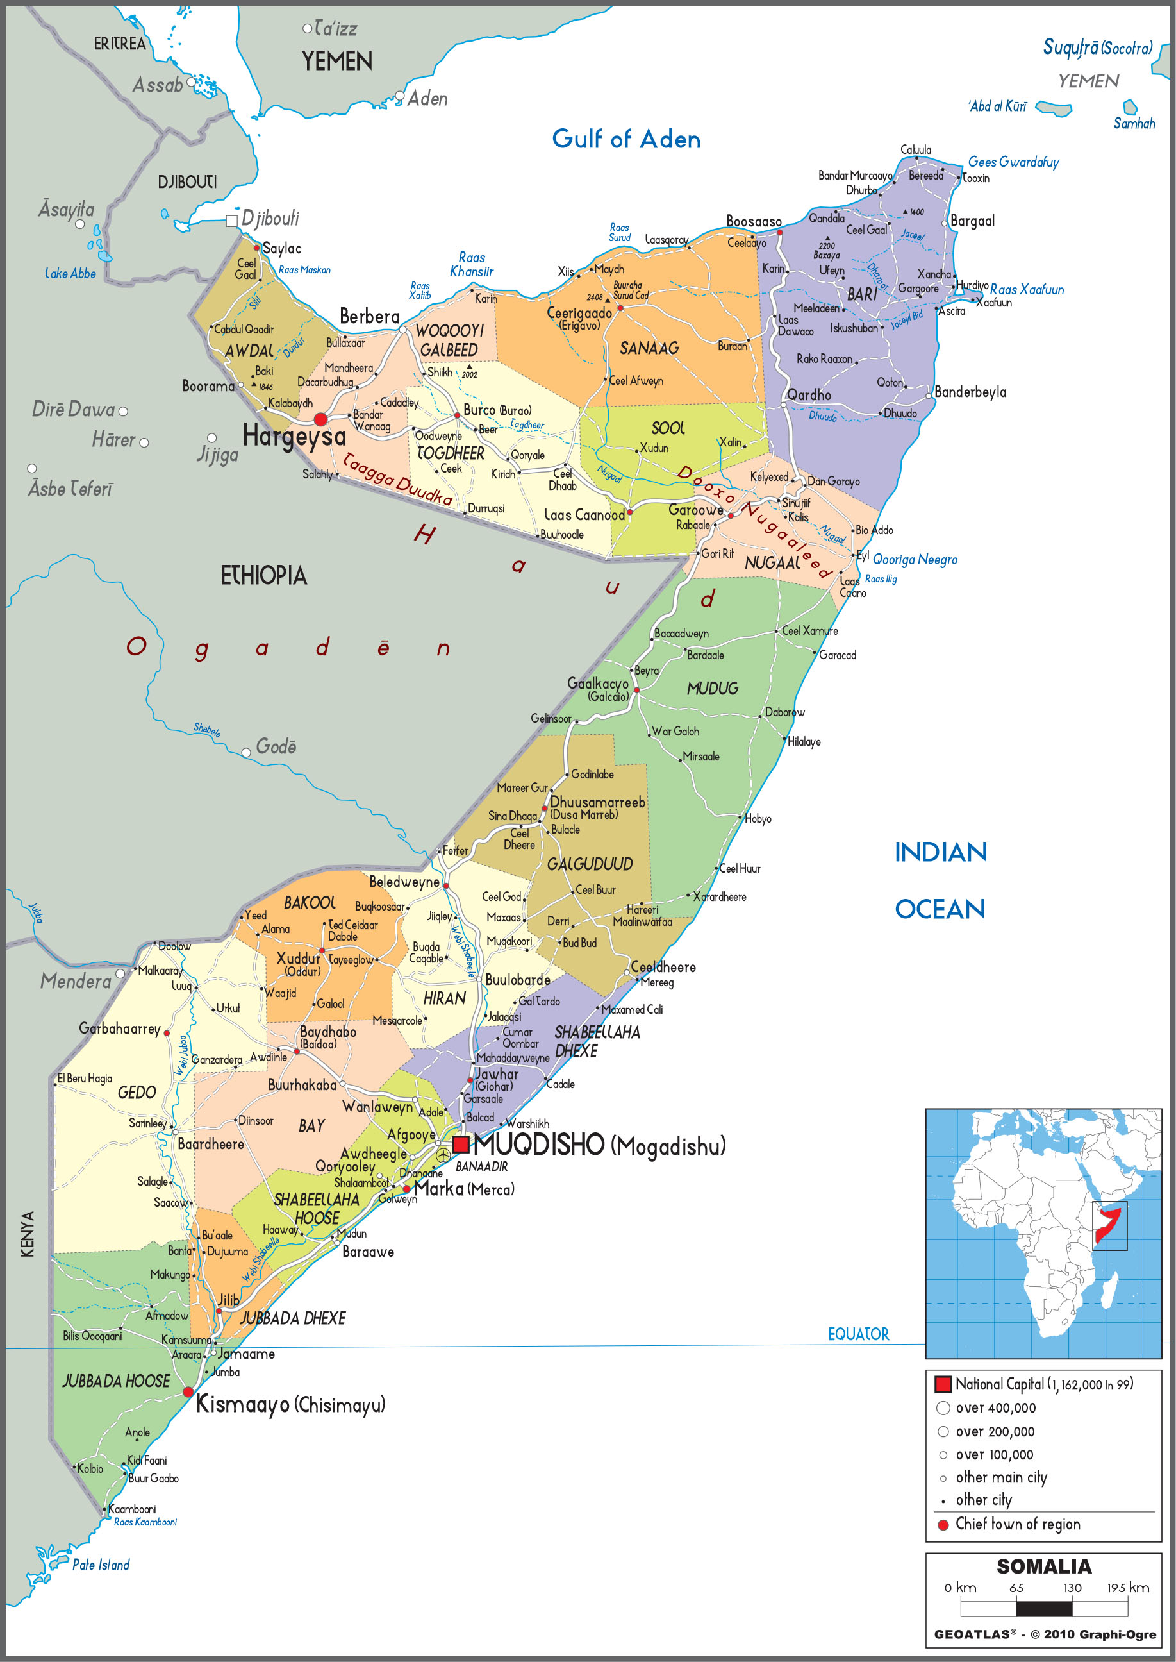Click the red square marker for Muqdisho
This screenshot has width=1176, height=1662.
coord(461,1145)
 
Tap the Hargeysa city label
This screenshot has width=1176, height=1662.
coord(294,436)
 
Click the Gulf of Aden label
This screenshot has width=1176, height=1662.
coord(625,139)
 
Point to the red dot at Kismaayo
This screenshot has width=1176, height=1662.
coord(188,1392)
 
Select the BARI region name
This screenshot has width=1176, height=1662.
coord(862,294)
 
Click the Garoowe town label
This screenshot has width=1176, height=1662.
coord(695,509)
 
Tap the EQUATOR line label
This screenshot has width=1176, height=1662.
coord(858,1334)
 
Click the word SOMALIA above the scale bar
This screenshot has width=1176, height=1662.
coord(1043,1566)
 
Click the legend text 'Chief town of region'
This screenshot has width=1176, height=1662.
coord(1018,1523)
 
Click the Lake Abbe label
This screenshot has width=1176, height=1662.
coord(70,274)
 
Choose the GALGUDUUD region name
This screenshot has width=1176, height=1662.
coord(590,864)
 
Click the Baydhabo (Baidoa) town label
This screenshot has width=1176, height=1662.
coord(327,1037)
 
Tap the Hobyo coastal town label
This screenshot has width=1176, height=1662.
coord(758,819)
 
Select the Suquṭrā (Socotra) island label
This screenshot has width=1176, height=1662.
coord(1097,49)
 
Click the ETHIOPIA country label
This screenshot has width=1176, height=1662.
coord(263,576)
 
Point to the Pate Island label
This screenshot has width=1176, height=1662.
coord(101,1565)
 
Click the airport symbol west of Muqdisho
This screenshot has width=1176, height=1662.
coord(442,1155)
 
